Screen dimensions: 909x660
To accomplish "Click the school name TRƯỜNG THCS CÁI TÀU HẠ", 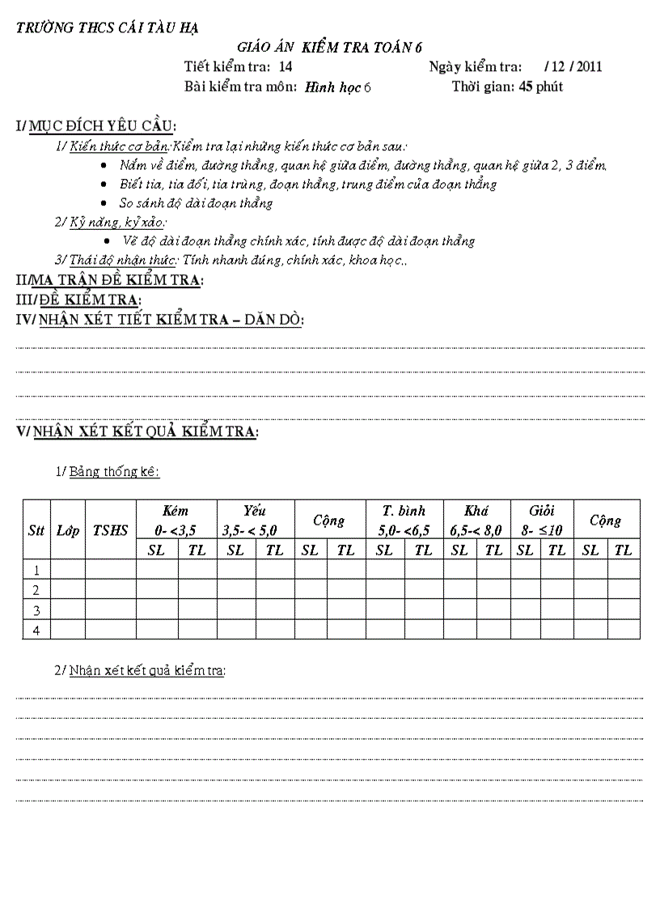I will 108,28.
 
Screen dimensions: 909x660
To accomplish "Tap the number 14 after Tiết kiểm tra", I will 285,66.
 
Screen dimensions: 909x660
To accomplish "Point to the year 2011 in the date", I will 590,66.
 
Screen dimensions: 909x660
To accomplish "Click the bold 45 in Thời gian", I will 526,87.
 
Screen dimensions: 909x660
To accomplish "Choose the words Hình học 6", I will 337,87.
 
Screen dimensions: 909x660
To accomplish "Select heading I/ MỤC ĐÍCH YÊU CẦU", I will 96,125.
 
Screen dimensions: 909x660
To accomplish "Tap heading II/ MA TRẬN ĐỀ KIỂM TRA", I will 110,280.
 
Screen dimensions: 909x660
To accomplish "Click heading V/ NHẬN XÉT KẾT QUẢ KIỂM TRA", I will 137,431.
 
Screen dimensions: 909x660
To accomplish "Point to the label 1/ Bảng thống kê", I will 108,471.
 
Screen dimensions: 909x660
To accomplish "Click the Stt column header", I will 36,530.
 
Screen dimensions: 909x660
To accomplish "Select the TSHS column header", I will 110,530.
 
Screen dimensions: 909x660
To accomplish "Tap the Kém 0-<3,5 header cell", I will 176,520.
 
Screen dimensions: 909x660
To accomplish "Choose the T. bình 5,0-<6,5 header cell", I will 404,520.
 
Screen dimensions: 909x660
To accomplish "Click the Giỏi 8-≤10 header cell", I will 541,520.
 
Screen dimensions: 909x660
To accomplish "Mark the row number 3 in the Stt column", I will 36,610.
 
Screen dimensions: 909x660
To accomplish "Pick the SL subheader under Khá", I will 459,550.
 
